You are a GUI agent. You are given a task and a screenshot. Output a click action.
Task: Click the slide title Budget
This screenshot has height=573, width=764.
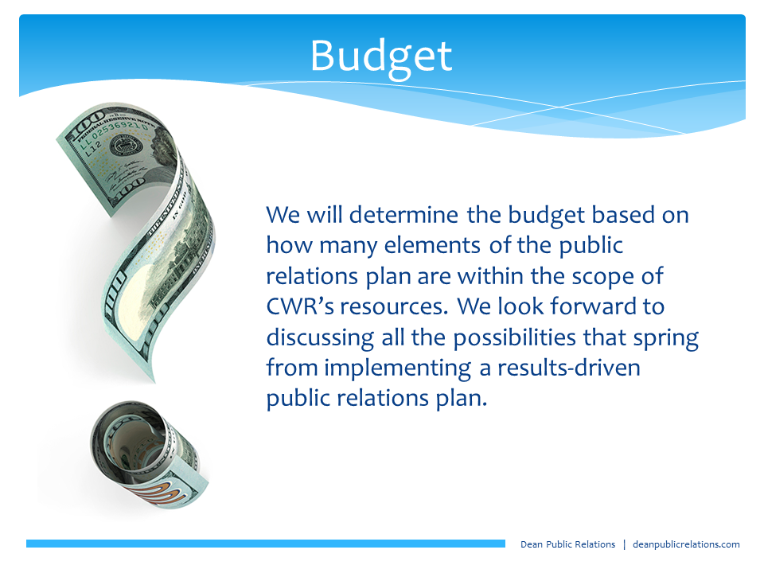tap(381, 57)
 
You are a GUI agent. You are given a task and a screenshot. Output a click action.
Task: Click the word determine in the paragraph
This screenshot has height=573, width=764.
tap(403, 215)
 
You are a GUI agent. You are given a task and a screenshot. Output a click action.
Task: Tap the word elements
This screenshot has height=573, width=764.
tap(432, 245)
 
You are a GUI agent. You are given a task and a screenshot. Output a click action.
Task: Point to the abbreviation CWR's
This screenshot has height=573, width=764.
tap(300, 306)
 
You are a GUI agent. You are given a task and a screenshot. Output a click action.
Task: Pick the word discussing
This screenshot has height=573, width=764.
tap(320, 338)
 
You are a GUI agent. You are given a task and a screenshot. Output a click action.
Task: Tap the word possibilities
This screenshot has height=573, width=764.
tap(515, 338)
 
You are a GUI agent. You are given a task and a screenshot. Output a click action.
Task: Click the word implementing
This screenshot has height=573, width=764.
tap(398, 368)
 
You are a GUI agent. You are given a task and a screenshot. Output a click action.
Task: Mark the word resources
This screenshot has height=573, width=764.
tap(394, 307)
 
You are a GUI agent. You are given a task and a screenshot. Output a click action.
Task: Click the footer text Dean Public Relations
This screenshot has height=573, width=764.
tap(567, 544)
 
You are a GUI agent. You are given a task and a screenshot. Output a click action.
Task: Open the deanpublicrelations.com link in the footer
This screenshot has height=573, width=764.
tap(686, 544)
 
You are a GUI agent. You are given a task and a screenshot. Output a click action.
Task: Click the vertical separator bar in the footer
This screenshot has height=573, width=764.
tap(624, 544)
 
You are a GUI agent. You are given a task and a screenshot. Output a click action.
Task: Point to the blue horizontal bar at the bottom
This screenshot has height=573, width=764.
tap(266, 544)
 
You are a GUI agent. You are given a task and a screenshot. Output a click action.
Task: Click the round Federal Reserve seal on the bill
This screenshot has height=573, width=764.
tap(126, 146)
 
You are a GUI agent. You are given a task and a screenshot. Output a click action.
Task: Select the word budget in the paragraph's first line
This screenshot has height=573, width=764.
tap(546, 216)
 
